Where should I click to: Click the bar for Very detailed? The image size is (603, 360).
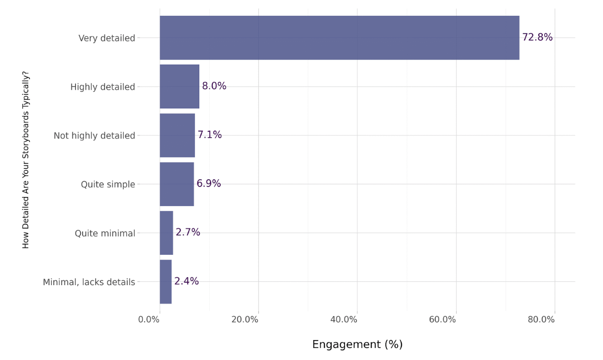[x=339, y=37]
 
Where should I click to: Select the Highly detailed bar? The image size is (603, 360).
[x=179, y=86]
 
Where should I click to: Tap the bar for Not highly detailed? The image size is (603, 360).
[x=177, y=136]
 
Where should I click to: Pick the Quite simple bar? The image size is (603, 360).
[x=177, y=184]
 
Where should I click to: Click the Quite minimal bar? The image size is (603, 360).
[x=166, y=233]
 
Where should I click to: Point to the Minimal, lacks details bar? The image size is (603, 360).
[x=165, y=282]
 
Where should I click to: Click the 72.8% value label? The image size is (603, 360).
[x=537, y=37]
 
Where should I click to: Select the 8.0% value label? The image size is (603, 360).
[x=214, y=86]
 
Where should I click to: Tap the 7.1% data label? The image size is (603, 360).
[x=210, y=135]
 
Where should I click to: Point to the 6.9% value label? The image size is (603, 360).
[x=209, y=183]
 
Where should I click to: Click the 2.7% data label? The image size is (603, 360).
[x=188, y=232]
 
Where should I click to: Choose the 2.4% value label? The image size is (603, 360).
[x=187, y=281]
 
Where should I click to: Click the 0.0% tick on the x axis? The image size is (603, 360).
[x=149, y=320]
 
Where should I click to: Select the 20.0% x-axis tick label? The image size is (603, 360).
[x=245, y=320]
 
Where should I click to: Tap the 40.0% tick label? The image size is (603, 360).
[x=344, y=320]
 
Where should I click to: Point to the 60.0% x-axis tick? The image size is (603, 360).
[x=442, y=320]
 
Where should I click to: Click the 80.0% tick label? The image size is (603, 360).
[x=541, y=320]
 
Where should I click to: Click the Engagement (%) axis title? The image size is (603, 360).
[x=357, y=344]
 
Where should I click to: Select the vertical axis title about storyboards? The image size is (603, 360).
[x=25, y=160]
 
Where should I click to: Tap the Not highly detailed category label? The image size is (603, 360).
[x=94, y=136]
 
